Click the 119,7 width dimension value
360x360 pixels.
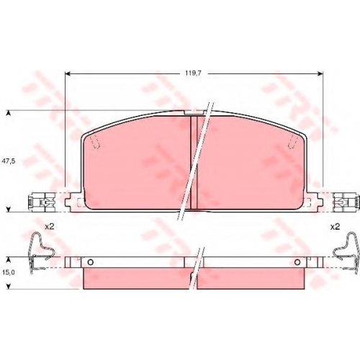tap(192, 73)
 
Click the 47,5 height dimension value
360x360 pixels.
tap(9, 161)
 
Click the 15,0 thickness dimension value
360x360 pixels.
tap(9, 272)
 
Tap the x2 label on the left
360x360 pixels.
tap(49, 227)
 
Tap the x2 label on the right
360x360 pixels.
tap(335, 227)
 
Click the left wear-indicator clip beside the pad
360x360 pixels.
tap(42, 203)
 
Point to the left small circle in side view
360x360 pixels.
tap(91, 262)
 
